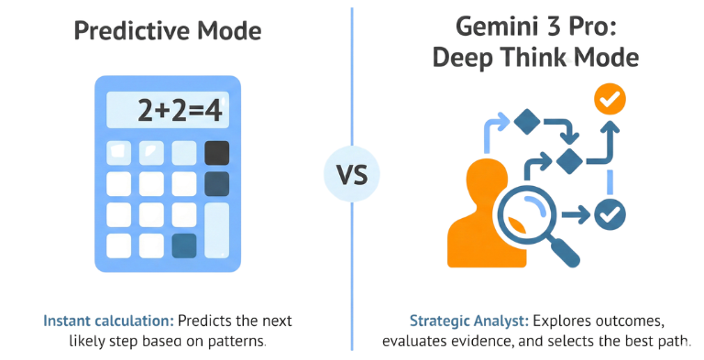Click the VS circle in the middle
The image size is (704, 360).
[x=351, y=172]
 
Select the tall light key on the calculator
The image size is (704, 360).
[x=217, y=229]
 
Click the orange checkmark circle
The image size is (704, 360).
[x=609, y=98]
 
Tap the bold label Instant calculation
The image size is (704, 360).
[x=107, y=322]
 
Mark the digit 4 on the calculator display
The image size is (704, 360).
[x=214, y=112]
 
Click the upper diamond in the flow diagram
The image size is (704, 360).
[x=526, y=120]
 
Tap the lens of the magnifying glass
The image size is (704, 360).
[x=524, y=216]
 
